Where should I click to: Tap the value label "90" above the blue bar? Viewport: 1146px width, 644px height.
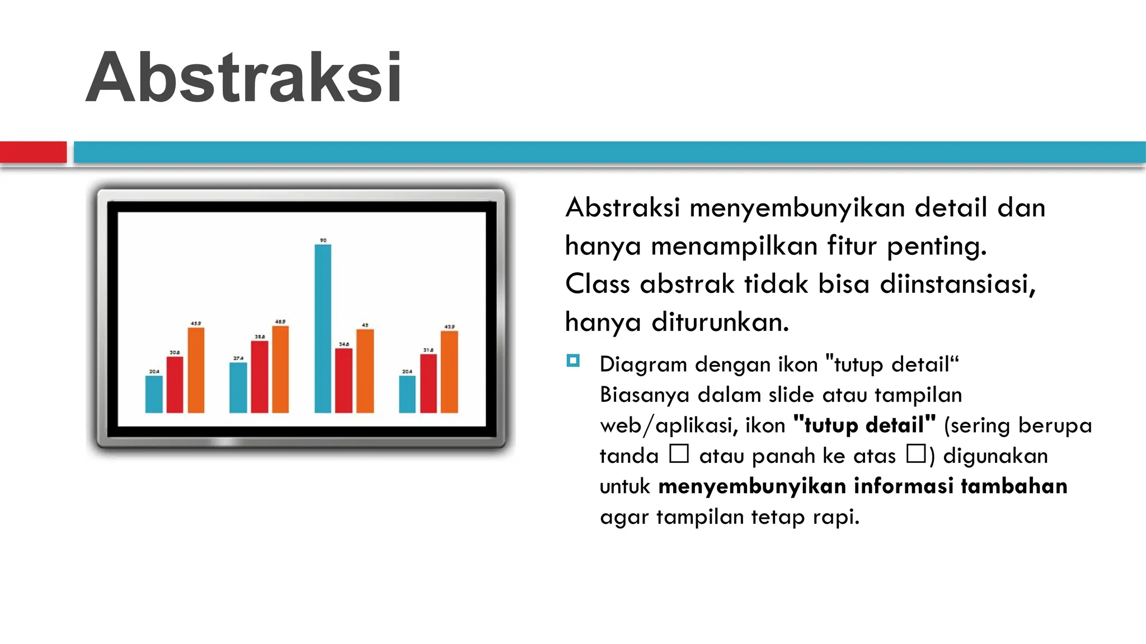(323, 240)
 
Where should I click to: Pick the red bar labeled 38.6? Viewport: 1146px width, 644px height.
(259, 377)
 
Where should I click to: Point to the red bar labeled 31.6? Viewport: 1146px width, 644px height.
(428, 383)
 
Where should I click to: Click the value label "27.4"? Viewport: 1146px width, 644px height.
(238, 358)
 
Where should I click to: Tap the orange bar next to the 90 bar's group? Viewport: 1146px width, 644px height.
(365, 371)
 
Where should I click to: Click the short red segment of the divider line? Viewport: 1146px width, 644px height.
(33, 152)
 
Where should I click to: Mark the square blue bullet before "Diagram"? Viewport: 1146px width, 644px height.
(572, 361)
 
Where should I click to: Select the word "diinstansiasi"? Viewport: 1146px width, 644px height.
(957, 284)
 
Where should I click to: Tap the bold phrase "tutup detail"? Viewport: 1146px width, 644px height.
(865, 425)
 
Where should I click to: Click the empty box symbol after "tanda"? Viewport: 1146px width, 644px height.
(679, 453)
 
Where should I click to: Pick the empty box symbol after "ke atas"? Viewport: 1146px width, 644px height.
(916, 453)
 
